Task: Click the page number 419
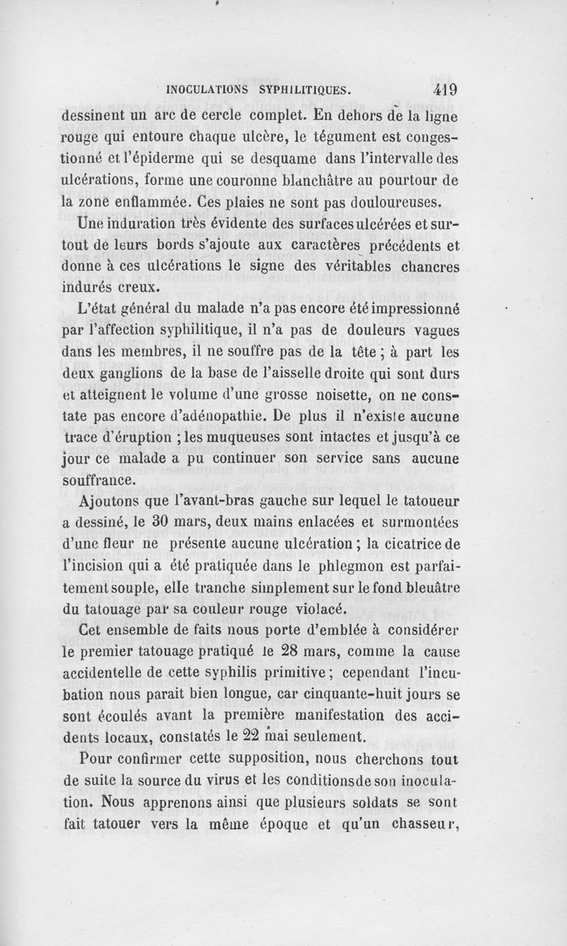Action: pyautogui.click(x=441, y=90)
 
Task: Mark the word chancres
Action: pyautogui.click(x=425, y=267)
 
